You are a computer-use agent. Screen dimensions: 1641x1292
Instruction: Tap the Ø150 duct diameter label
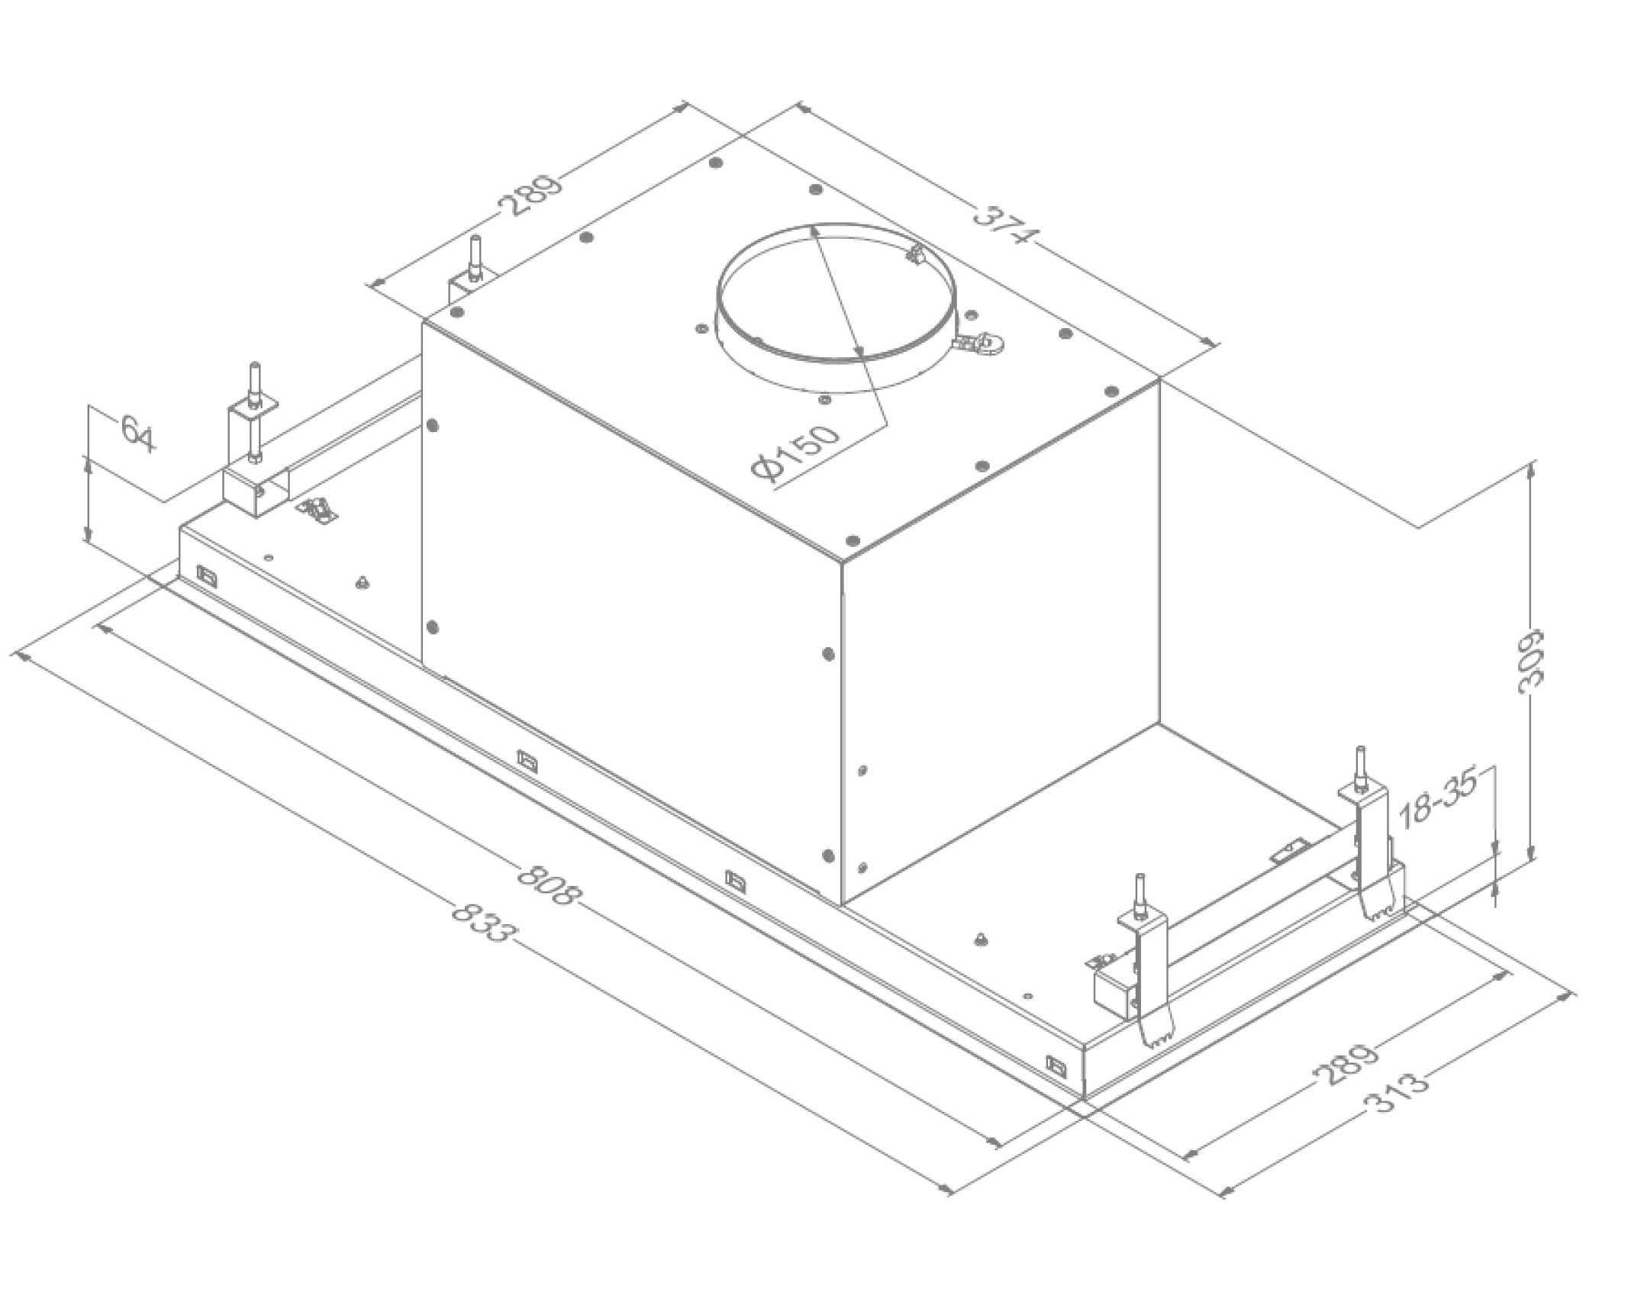795,454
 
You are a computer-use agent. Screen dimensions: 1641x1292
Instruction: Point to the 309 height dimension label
1529,661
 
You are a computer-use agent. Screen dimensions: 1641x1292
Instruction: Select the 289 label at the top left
530,195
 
